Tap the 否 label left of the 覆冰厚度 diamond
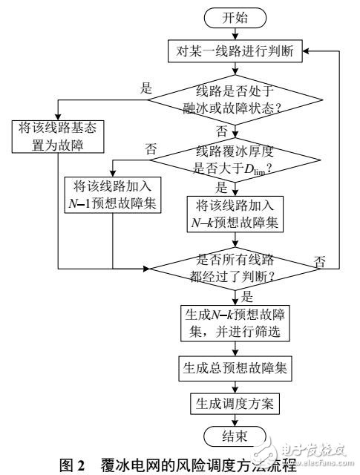[x=152, y=149]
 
